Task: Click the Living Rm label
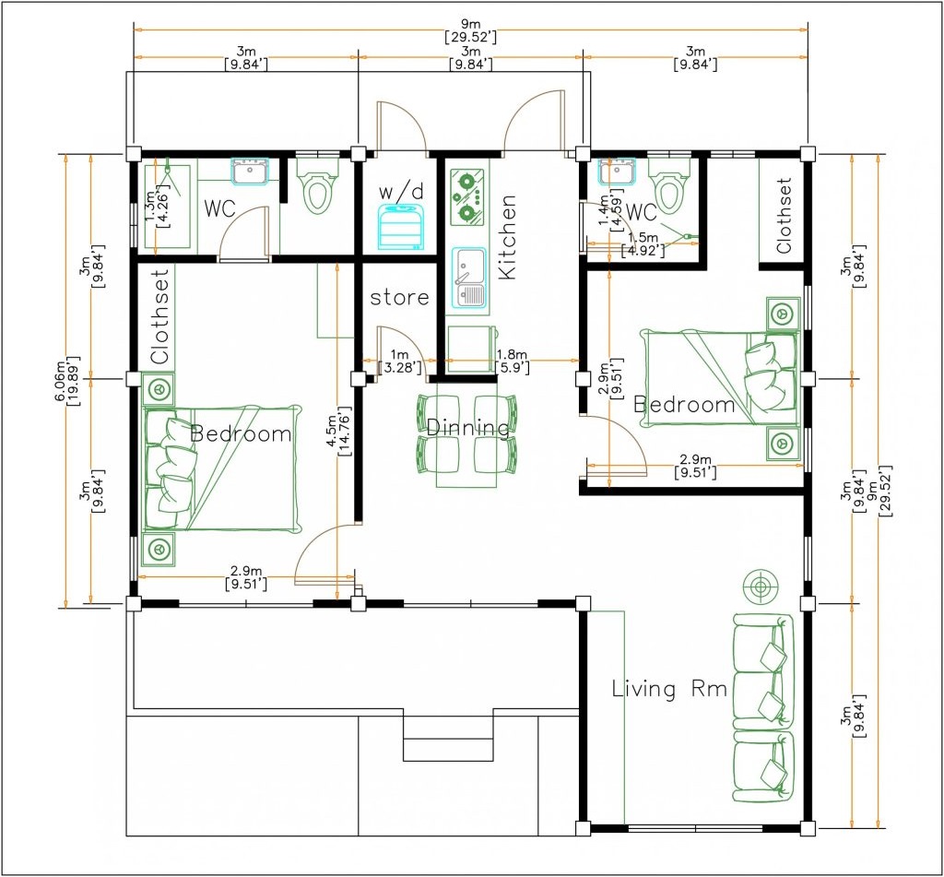click(x=669, y=689)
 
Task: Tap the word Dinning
click(x=467, y=428)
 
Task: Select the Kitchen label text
click(x=508, y=237)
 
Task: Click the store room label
click(x=399, y=297)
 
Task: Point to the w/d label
click(x=401, y=192)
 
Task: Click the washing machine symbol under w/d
click(x=400, y=227)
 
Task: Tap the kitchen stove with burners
click(x=467, y=198)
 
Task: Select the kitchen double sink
click(x=469, y=277)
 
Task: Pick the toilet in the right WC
click(x=669, y=185)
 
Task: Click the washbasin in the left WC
click(x=251, y=171)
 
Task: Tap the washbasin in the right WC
click(x=618, y=171)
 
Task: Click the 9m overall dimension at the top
click(x=471, y=30)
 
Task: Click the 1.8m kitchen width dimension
click(x=513, y=361)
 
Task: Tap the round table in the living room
click(x=761, y=586)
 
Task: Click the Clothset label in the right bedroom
click(x=784, y=216)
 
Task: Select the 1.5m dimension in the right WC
click(x=643, y=243)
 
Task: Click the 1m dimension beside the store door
click(x=399, y=361)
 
